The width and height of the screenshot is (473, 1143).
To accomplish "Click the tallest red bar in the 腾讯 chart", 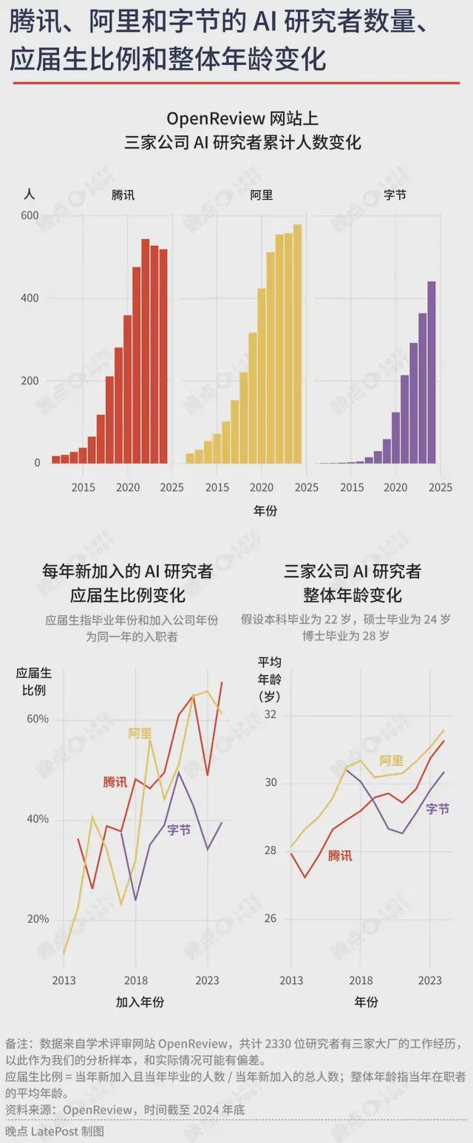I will [x=146, y=351].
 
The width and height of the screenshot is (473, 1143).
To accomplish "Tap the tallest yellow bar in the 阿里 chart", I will [x=297, y=344].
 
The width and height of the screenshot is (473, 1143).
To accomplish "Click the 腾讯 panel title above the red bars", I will [x=123, y=195].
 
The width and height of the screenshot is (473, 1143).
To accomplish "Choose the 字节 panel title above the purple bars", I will [x=395, y=195].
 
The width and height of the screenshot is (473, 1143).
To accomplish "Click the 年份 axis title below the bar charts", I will [x=265, y=510].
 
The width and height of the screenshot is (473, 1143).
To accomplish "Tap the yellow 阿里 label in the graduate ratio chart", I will [x=140, y=733].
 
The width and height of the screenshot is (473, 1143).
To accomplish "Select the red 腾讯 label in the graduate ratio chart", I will [x=115, y=781].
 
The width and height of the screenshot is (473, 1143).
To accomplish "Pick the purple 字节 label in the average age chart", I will [x=438, y=809].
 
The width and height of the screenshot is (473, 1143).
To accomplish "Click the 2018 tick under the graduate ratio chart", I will [x=135, y=980].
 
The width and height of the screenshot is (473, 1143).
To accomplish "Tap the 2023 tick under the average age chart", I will [x=430, y=980].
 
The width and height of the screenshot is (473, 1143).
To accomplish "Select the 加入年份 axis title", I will [x=140, y=1003].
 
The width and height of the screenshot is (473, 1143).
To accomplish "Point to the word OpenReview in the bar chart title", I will [x=209, y=118].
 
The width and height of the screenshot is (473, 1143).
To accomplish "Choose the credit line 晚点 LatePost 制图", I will [x=55, y=1131].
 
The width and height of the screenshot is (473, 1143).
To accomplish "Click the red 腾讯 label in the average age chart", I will [x=340, y=855].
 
